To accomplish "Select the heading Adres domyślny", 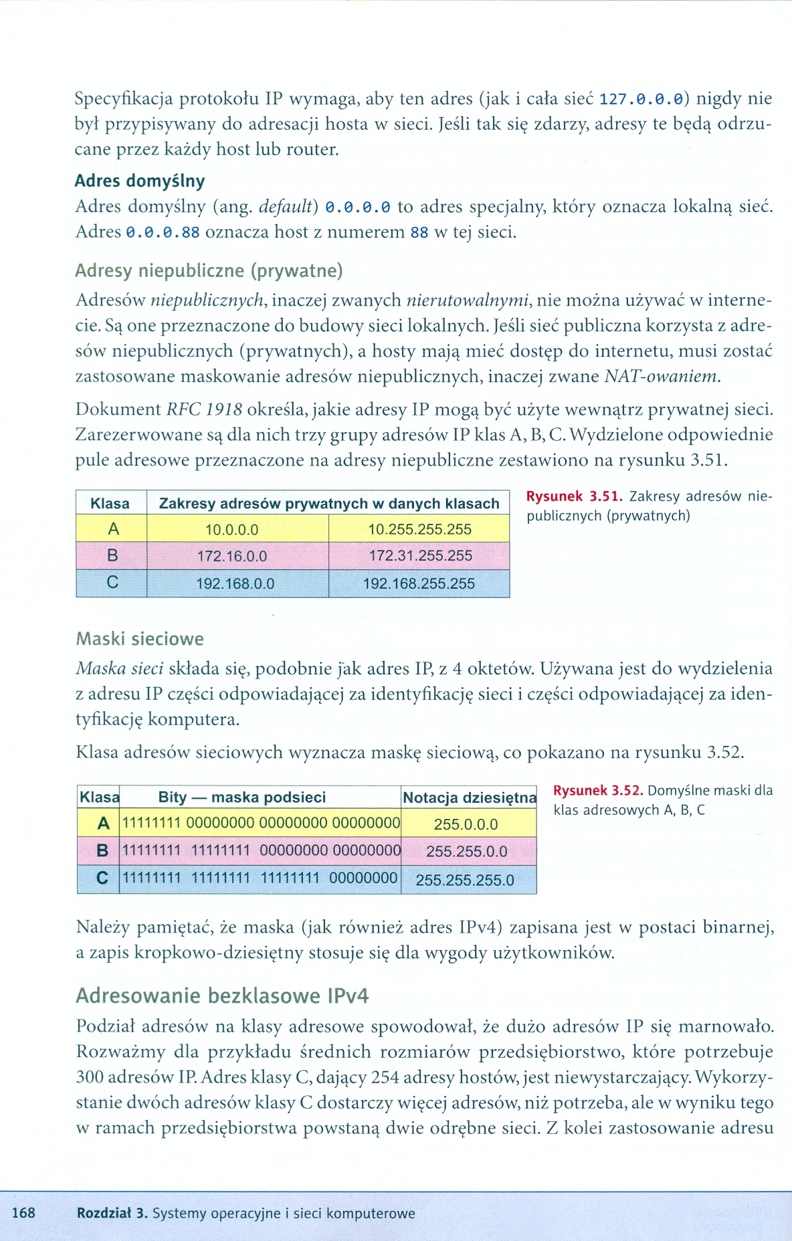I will pos(140,181).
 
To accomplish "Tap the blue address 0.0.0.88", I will pos(163,233).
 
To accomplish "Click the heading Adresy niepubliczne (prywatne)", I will pos(209,270).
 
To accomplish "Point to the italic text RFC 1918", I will pos(204,409).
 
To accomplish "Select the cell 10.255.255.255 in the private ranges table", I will pos(419,529).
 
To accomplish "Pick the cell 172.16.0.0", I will pos(232,556).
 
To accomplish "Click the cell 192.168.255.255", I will pos(419,583).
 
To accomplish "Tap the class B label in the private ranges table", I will pos(112,555).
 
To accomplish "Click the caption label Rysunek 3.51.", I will pos(575,496).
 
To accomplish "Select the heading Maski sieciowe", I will pos(140,639).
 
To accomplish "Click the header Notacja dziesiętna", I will pos(469,797).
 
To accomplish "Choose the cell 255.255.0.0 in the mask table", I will pos(467,852).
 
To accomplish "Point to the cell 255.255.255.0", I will pos(465,880).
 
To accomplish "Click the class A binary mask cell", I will pos(261,823).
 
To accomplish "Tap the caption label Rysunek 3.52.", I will pos(598,791).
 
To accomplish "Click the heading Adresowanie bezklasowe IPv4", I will pos(222,996).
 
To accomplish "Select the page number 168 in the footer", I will pos(23,1213).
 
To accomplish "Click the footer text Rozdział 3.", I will pos(112,1213).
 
